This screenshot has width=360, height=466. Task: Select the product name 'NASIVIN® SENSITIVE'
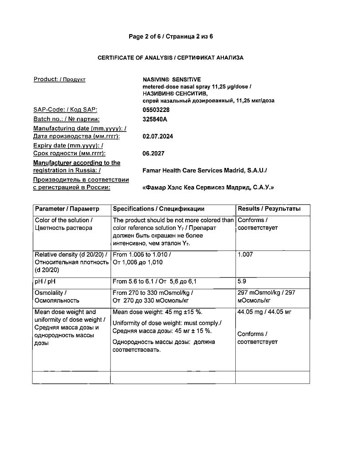(172, 80)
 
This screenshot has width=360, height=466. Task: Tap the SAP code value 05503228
(156, 110)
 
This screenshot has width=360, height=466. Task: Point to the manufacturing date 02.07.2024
(158, 137)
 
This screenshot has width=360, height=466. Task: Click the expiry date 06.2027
(153, 154)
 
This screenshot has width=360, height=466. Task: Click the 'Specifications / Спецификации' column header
(158, 209)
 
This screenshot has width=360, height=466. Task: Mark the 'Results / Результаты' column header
(269, 209)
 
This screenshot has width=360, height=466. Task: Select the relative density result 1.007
(245, 255)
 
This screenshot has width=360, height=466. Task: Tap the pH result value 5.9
(242, 282)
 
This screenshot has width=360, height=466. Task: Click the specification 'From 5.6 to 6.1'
(135, 282)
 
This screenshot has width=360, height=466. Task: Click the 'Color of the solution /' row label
(64, 220)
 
